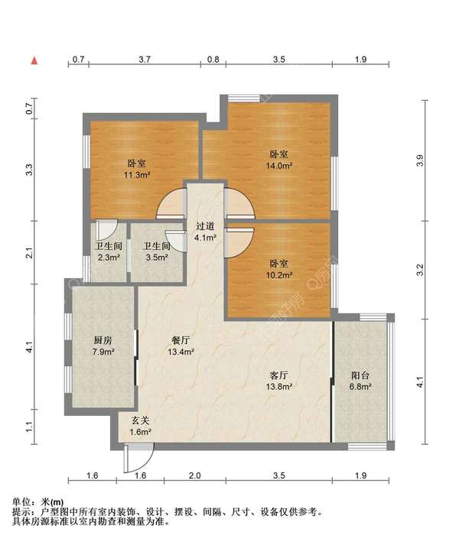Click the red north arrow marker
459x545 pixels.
pyautogui.click(x=34, y=61)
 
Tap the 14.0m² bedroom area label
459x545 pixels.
pyautogui.click(x=278, y=160)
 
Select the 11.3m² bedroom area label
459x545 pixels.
pyautogui.click(x=137, y=169)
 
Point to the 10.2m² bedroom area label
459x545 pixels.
pyautogui.click(x=278, y=269)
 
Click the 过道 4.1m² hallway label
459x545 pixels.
pyautogui.click(x=205, y=232)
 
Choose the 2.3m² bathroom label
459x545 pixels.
pyautogui.click(x=109, y=251)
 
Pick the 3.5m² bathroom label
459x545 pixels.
pyautogui.click(x=157, y=251)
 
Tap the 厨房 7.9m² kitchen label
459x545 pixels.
pyautogui.click(x=103, y=345)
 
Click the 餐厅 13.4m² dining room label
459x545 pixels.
pyautogui.click(x=181, y=345)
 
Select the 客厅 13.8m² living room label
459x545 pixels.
pyautogui.click(x=278, y=381)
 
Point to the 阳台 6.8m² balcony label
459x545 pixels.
pyautogui.click(x=360, y=381)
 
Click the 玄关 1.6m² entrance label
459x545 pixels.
pyautogui.click(x=140, y=426)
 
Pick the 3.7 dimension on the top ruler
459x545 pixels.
pyautogui.click(x=145, y=59)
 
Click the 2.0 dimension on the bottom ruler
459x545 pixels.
pyautogui.click(x=194, y=475)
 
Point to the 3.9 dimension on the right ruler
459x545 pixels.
pyautogui.click(x=421, y=161)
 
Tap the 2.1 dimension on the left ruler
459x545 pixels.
pyautogui.click(x=30, y=252)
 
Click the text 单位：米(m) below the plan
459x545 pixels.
pyautogui.click(x=38, y=502)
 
